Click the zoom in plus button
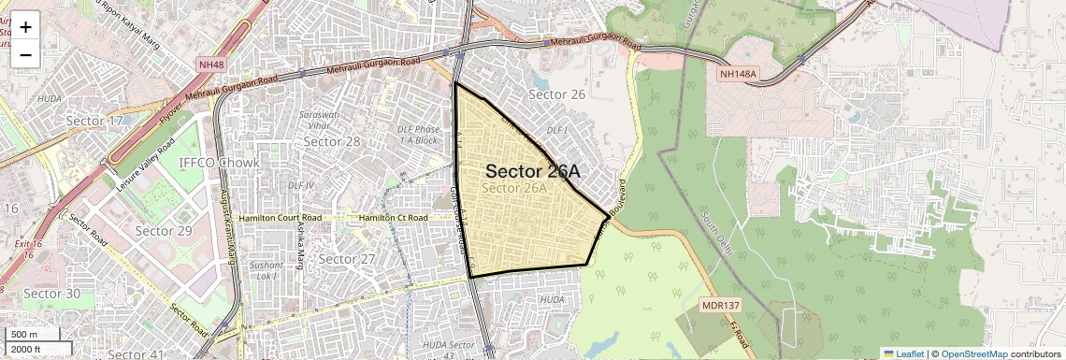[25, 26]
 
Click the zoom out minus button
[25, 54]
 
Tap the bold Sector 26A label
[533, 171]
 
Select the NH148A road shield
[738, 73]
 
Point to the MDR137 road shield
[720, 306]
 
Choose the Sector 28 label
[332, 141]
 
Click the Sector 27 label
[346, 258]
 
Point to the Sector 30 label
[52, 294]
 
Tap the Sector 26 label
[556, 94]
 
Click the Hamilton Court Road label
[280, 217]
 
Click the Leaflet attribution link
[903, 353]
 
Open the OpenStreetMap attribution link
[973, 353]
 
